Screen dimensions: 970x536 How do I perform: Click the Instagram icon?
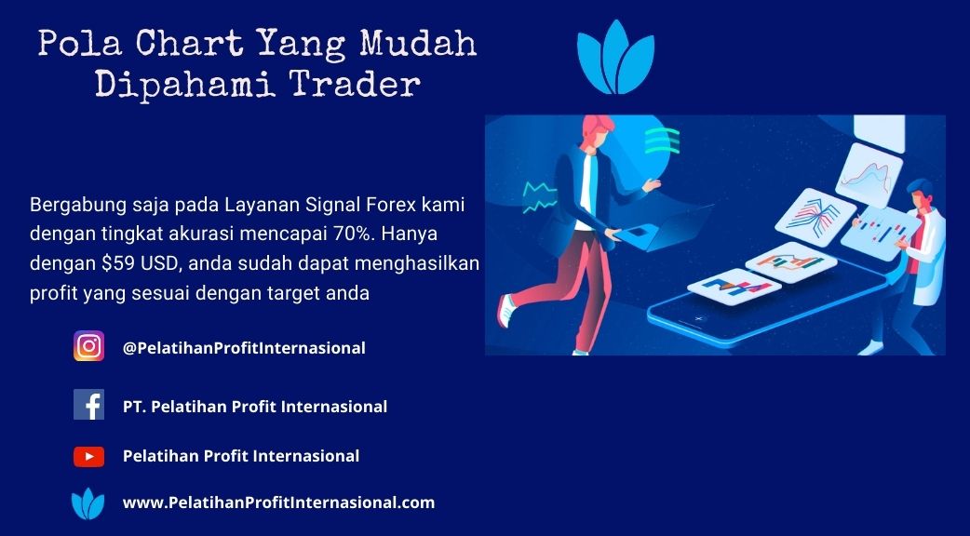point(89,346)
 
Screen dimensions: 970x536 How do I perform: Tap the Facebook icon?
point(89,404)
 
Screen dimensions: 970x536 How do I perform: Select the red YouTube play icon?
point(89,456)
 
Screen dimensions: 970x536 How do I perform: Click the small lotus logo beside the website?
point(88,503)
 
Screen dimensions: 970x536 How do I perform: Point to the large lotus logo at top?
point(615,57)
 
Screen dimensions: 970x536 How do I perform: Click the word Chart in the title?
point(189,45)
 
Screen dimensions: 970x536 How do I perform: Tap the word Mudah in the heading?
point(419,45)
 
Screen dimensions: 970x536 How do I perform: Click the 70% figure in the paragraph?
point(359,234)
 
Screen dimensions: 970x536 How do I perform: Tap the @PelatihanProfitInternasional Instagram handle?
point(244,348)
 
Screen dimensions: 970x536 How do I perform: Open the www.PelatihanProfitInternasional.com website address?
point(279,502)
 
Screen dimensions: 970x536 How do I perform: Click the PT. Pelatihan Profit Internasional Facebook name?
point(255,407)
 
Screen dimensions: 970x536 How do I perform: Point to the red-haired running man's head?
point(596,131)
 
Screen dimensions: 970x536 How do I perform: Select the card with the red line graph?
point(869,175)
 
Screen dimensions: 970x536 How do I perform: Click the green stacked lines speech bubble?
point(662,141)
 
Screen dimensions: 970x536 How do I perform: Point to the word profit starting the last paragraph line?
point(50,293)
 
